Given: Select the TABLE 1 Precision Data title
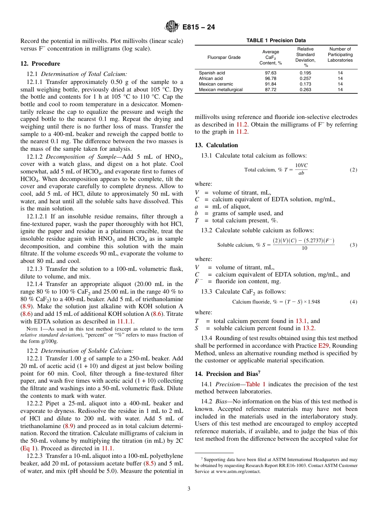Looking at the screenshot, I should tap(276, 41).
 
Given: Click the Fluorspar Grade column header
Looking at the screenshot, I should tap(224, 57).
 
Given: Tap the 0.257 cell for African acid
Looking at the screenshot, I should tap(305, 79).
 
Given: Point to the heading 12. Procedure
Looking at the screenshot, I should tap(40, 64).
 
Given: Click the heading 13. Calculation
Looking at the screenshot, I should tap(216, 145).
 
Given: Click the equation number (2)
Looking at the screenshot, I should tap(353, 170).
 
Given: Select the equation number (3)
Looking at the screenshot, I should tap(353, 245).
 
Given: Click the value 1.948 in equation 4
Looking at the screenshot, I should tap(313, 302).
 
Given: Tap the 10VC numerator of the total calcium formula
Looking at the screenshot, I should tap(301, 165).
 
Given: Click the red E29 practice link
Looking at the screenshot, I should tap(323, 346).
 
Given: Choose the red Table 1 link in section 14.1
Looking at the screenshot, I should tap(256, 384).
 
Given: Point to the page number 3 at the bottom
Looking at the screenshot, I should tap(189, 488).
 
